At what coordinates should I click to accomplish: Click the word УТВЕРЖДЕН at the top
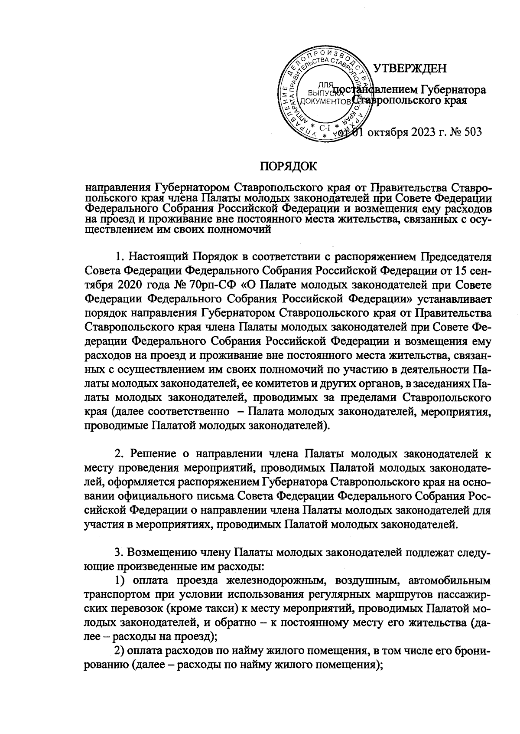click(x=409, y=68)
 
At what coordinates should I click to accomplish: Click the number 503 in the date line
click(x=471, y=132)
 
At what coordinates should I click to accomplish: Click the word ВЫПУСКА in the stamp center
click(x=322, y=92)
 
